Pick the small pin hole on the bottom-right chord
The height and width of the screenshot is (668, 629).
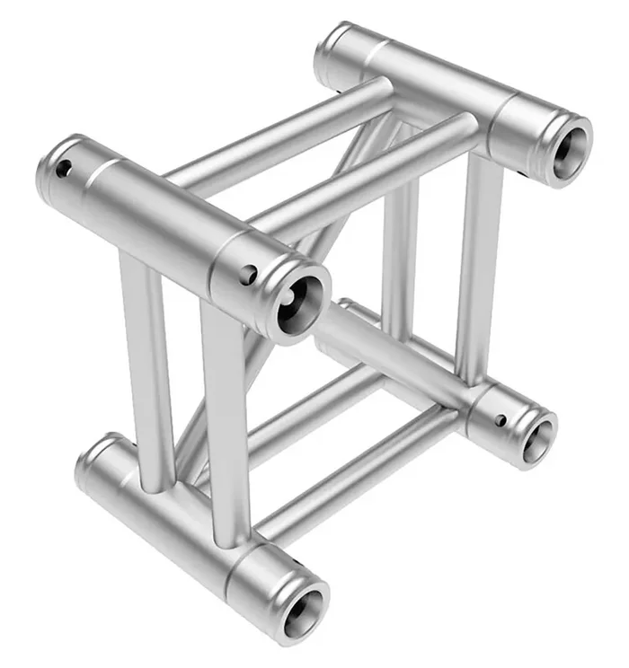[501, 418]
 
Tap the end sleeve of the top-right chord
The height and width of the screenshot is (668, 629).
[530, 130]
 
